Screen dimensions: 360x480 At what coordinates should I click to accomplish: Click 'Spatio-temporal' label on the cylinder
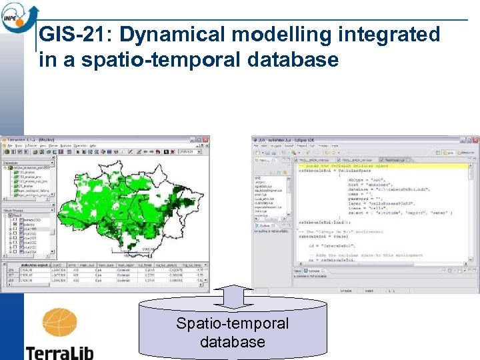pos(232,323)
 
